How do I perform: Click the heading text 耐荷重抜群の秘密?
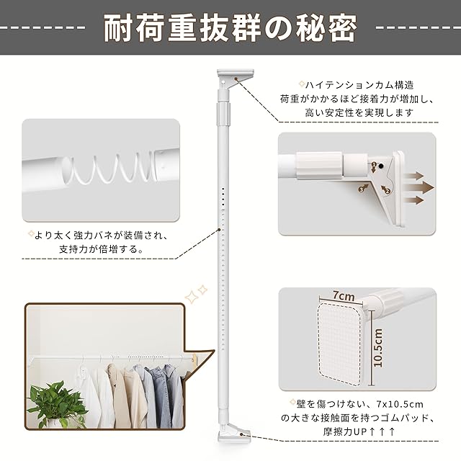click(230, 29)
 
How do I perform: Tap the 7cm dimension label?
click(344, 295)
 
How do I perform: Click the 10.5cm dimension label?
click(378, 348)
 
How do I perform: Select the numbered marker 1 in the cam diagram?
click(374, 164)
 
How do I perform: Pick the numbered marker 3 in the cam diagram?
click(362, 189)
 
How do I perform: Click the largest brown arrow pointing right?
click(419, 188)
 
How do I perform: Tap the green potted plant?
click(56, 405)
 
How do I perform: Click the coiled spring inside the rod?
click(112, 169)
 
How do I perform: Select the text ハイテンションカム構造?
click(359, 85)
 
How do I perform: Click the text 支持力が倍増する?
click(99, 249)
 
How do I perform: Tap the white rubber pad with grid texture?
click(341, 342)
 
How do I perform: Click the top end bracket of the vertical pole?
click(236, 77)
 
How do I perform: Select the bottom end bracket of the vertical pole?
click(233, 434)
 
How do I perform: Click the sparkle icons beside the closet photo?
click(196, 293)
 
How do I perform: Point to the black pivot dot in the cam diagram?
click(381, 166)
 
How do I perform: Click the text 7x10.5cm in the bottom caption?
click(400, 404)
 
